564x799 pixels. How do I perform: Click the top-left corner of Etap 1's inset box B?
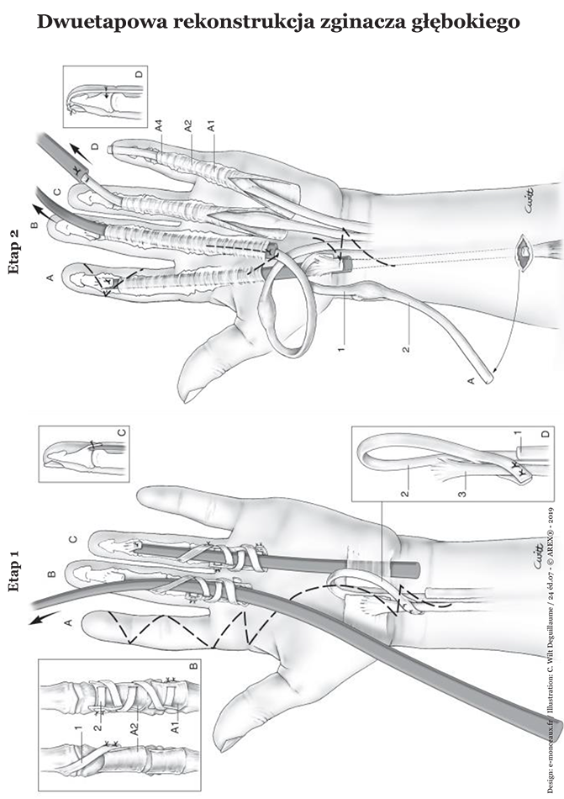pos(39,659)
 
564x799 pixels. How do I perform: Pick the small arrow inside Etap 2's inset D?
pos(105,91)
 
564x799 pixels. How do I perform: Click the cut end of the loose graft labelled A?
pos(490,379)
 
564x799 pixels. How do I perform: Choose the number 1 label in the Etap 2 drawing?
pos(341,349)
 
